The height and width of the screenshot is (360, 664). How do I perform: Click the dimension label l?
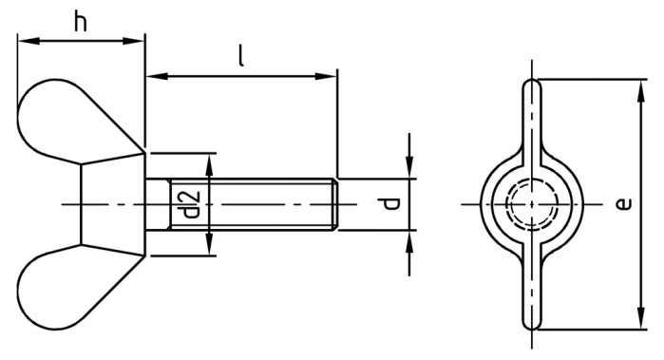(241, 56)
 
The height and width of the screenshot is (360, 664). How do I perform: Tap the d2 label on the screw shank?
(189, 204)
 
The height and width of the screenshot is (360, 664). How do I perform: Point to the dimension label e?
(620, 204)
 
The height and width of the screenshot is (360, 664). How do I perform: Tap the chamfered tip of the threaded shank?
(333, 204)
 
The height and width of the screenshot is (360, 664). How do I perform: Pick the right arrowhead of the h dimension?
(139, 41)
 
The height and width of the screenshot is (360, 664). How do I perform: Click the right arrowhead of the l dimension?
(330, 74)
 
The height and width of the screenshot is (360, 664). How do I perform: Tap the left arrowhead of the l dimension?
(154, 74)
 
